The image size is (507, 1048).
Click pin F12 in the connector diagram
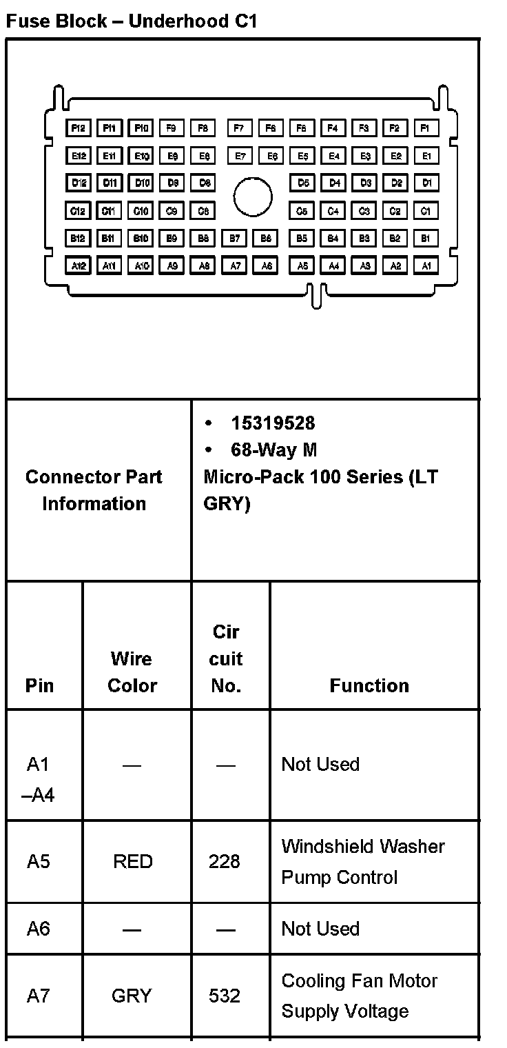pos(78,128)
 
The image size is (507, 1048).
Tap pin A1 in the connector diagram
pos(426,265)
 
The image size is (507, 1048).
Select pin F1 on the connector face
pos(426,128)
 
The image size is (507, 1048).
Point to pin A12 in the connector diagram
pos(78,265)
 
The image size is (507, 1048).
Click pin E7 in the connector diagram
pos(239,157)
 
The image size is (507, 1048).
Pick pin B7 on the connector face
pos(236,239)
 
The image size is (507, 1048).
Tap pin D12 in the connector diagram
pos(78,183)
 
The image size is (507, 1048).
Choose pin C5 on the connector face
pos(302,211)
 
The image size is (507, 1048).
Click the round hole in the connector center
pos(253,196)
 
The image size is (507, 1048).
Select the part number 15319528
pos(273,423)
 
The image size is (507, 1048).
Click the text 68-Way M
pos(273,450)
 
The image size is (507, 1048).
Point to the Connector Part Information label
pos(94,490)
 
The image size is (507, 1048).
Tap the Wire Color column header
pos(132,672)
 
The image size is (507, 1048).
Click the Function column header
pos(369,685)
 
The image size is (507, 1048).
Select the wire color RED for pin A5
pos(133,861)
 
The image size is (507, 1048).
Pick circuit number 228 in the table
pos(225,861)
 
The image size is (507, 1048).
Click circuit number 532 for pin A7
pos(225,996)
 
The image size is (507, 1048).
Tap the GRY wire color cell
pos(131,996)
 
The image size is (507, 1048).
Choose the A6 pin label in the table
pos(39,929)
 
